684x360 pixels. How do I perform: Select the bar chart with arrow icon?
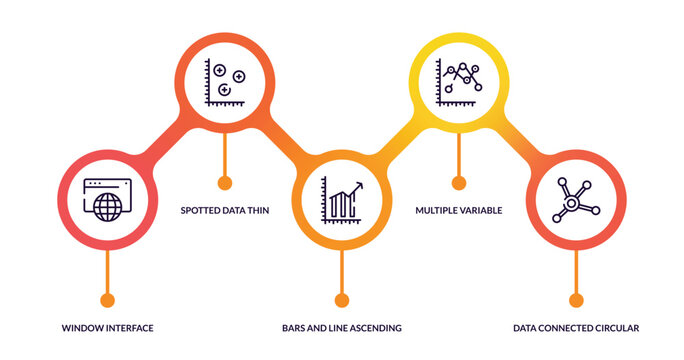click(x=342, y=201)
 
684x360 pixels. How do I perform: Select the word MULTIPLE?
click(x=437, y=211)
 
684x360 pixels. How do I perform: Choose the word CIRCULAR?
click(x=612, y=328)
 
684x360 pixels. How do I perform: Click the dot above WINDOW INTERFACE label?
click(x=107, y=300)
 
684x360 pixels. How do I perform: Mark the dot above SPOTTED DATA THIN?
click(x=224, y=183)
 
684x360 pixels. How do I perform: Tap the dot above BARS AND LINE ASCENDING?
click(x=342, y=300)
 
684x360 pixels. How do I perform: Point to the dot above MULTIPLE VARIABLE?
click(x=459, y=183)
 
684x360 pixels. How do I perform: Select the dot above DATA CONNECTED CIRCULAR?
click(x=575, y=300)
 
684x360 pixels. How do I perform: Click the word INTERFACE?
click(x=131, y=328)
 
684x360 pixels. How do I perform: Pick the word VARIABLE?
click(x=481, y=211)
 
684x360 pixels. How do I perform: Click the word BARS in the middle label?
click(x=294, y=328)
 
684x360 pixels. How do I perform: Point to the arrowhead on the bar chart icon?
click(x=357, y=186)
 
